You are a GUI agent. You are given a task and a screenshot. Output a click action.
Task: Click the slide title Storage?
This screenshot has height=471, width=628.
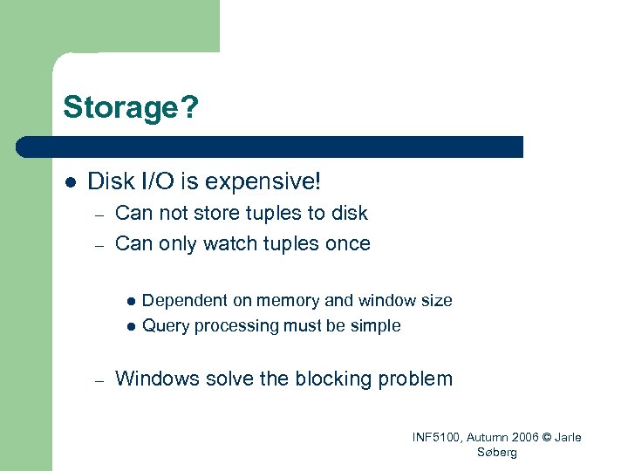point(131,108)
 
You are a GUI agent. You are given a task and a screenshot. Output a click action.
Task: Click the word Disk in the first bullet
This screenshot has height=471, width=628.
point(109,182)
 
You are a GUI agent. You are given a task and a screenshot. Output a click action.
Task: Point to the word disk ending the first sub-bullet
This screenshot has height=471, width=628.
point(350,214)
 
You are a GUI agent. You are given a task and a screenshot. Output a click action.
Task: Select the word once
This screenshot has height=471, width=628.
point(347,243)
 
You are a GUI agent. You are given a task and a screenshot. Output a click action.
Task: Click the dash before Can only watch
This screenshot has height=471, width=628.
point(100,244)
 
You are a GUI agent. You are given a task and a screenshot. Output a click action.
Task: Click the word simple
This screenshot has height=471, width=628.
point(375,326)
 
